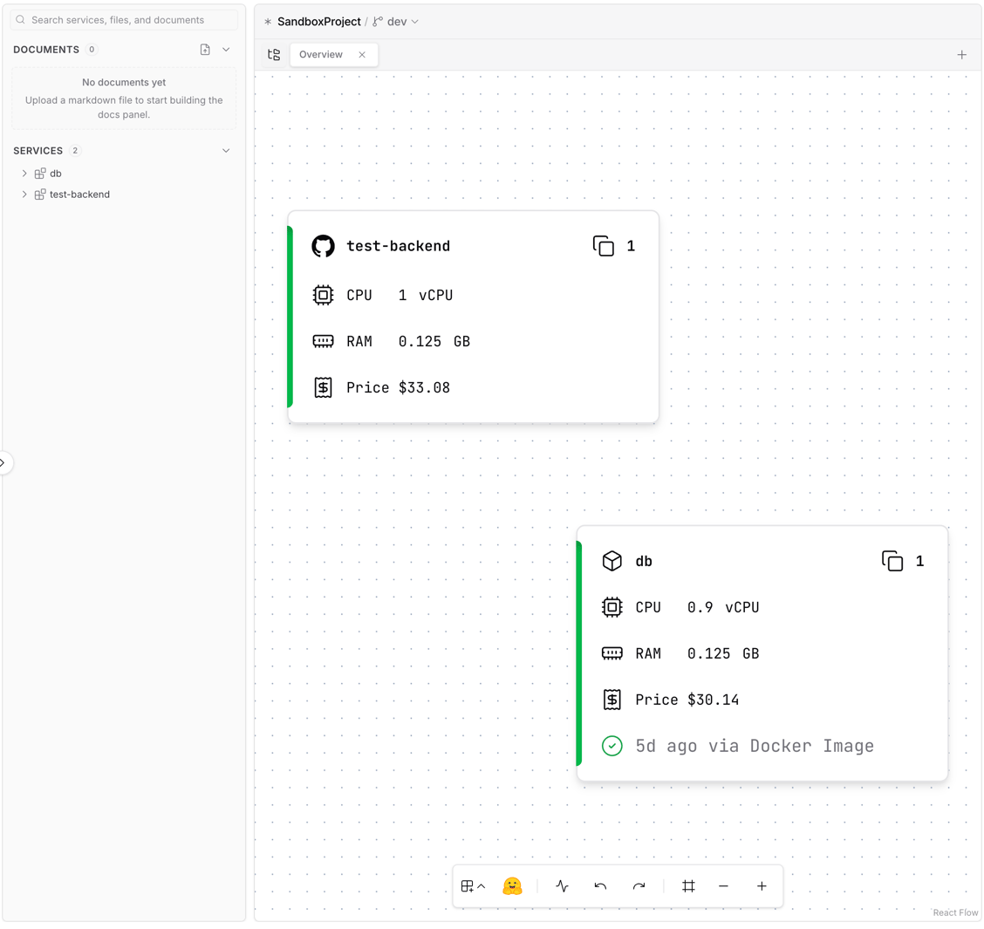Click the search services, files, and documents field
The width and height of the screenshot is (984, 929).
pyautogui.click(x=124, y=20)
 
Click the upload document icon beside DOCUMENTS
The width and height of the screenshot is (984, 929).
pyautogui.click(x=205, y=50)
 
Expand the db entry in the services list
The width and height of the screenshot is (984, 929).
pyautogui.click(x=24, y=174)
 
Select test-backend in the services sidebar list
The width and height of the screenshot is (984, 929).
pyautogui.click(x=79, y=195)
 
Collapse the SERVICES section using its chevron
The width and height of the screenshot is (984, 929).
pyautogui.click(x=226, y=151)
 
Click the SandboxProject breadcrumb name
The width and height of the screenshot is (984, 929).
pyautogui.click(x=318, y=21)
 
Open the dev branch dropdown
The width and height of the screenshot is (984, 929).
pyautogui.click(x=397, y=21)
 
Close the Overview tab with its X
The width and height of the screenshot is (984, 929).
pyautogui.click(x=362, y=55)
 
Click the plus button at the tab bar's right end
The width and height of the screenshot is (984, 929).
pyautogui.click(x=961, y=55)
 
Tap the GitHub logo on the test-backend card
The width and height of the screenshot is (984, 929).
pyautogui.click(x=323, y=246)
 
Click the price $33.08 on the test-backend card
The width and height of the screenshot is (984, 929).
pyautogui.click(x=424, y=388)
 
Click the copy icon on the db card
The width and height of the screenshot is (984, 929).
pyautogui.click(x=892, y=561)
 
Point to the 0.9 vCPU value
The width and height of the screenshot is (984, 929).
pyautogui.click(x=723, y=608)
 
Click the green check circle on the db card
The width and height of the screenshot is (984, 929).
pyautogui.click(x=612, y=746)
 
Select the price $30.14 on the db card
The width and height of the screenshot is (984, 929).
pyautogui.click(x=713, y=700)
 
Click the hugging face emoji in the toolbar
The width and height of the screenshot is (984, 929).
pyautogui.click(x=512, y=885)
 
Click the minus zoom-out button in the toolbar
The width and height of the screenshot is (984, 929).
pyautogui.click(x=723, y=885)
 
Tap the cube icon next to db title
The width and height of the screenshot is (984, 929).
pyautogui.click(x=612, y=561)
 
